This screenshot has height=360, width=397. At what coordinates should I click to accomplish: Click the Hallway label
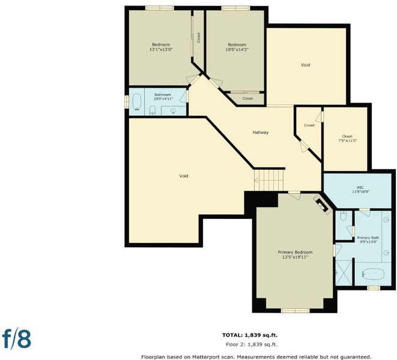tap(261, 133)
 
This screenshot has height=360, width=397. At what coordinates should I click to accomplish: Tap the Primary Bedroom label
tap(295, 252)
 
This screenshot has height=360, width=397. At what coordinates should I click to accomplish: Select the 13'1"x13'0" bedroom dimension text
tap(161, 50)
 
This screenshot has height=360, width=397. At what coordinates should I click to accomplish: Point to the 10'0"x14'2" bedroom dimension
tap(237, 50)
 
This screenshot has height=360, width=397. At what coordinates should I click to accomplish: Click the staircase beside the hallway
tap(269, 180)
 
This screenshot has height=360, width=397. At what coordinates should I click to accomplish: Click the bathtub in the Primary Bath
tap(373, 274)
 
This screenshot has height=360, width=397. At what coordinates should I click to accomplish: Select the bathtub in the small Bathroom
tap(137, 103)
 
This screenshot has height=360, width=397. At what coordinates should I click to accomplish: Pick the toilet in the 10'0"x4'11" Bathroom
tap(153, 110)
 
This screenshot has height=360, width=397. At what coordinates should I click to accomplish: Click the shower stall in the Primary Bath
tap(344, 272)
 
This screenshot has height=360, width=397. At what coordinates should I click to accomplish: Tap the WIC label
tap(360, 187)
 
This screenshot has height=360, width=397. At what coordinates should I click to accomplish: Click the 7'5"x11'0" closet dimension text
tap(348, 140)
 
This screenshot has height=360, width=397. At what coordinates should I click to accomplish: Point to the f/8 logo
tap(17, 338)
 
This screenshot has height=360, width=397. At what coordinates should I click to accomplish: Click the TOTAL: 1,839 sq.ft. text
tap(250, 335)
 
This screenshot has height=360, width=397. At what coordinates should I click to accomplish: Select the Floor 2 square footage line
tap(252, 344)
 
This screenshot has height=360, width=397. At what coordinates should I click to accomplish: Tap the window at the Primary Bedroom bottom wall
tap(295, 310)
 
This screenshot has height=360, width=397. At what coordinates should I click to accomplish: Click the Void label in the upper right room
tap(305, 65)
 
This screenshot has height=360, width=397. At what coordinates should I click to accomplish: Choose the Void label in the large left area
tap(184, 176)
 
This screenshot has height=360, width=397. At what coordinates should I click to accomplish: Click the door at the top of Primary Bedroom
tap(294, 196)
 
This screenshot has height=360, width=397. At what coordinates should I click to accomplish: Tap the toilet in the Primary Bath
tap(344, 216)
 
